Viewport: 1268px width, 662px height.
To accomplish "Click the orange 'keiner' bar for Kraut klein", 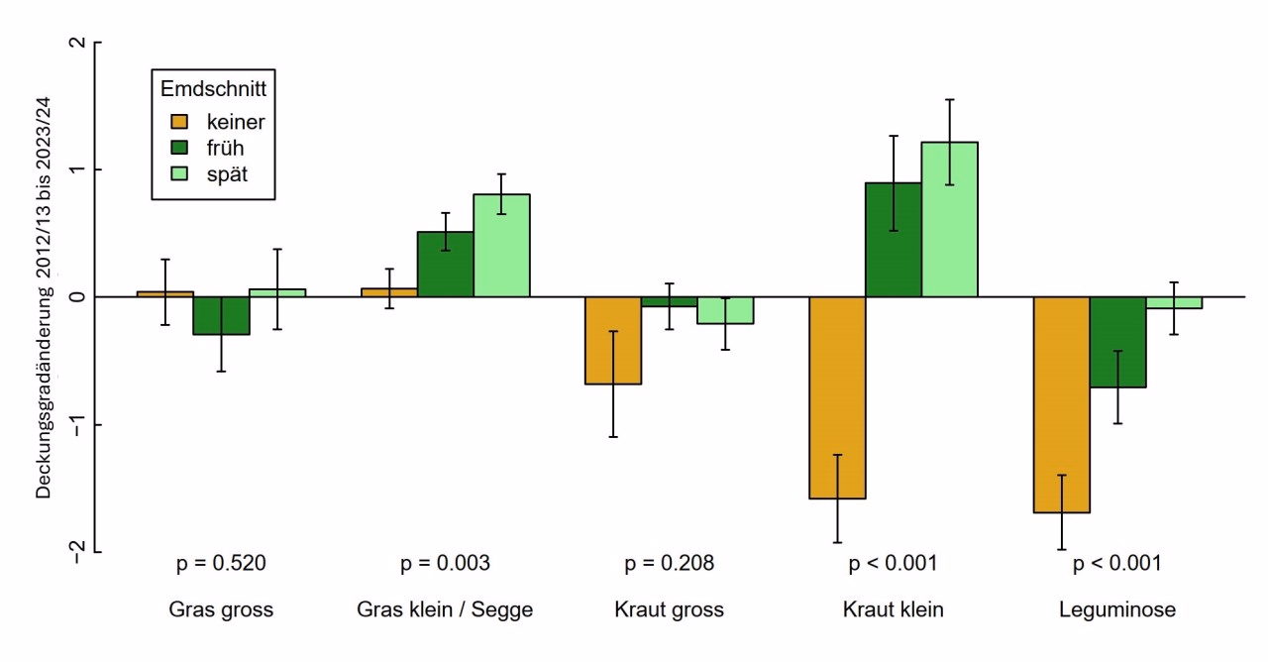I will tap(838, 396).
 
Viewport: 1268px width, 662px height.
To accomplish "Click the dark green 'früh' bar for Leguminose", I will tap(1118, 342).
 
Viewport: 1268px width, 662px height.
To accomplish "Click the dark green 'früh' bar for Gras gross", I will tap(221, 315).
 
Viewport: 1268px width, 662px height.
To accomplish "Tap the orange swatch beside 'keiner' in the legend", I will tap(179, 122).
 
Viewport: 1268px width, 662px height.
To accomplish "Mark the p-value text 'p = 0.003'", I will tap(445, 564).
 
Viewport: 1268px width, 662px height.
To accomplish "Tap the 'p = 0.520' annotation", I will tap(221, 564).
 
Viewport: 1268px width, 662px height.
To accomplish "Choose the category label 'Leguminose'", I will tap(1116, 609).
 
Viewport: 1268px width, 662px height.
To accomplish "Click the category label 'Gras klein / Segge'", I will tap(445, 609).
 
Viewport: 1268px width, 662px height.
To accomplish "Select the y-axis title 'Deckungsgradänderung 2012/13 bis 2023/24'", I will tap(45, 298).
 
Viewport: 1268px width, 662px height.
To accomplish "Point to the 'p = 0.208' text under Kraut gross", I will tap(669, 564).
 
